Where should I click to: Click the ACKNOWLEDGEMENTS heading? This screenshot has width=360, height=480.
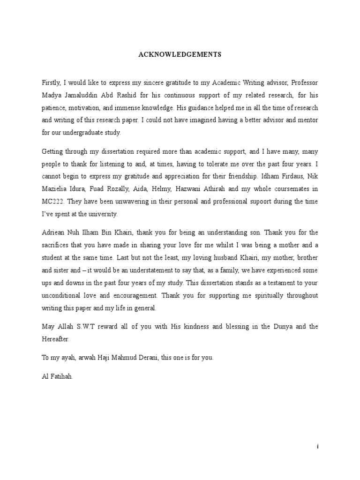(180, 54)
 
